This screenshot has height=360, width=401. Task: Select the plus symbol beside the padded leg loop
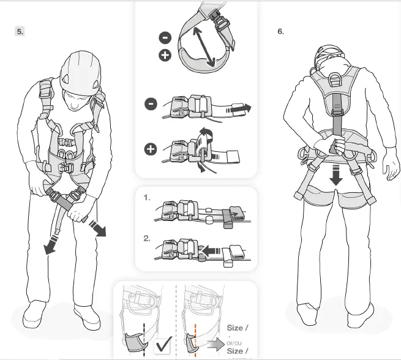click(x=165, y=56)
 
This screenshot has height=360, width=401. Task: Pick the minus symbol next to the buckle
click(x=151, y=103)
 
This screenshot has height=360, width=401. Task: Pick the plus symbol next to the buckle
click(x=151, y=149)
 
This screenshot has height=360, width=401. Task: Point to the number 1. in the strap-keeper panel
click(x=147, y=198)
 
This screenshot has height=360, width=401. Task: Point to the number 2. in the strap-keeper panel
click(x=147, y=239)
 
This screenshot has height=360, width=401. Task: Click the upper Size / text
click(x=238, y=328)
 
